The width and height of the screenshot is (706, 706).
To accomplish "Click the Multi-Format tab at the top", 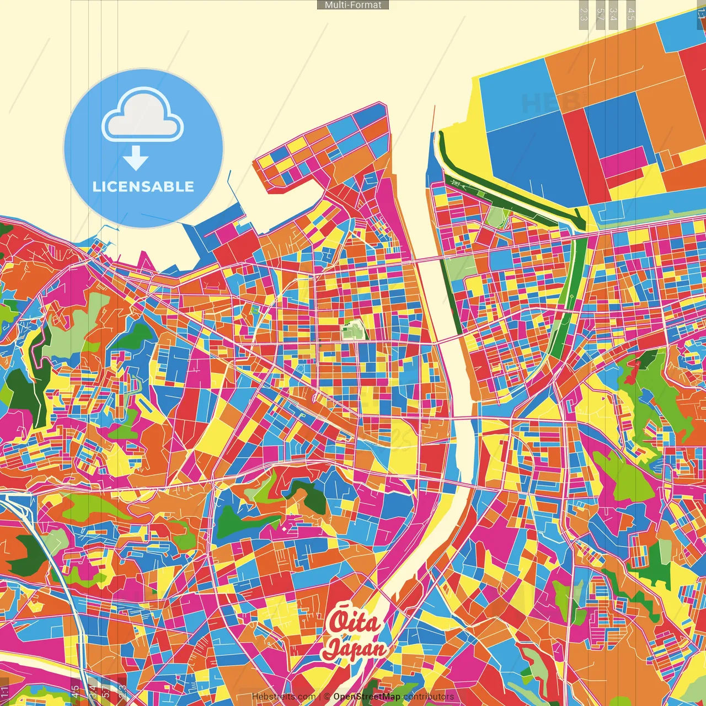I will coord(353,5).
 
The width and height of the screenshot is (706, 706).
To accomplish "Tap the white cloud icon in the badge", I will coord(143,116).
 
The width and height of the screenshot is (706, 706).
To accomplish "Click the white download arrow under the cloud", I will coord(136,158).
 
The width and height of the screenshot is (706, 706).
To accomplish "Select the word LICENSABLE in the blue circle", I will coord(143,186).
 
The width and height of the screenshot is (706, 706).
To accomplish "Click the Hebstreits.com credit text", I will coord(284,697).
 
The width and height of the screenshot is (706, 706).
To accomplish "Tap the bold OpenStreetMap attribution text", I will coord(367,697).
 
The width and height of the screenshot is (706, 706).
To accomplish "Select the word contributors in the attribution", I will coord(429,697).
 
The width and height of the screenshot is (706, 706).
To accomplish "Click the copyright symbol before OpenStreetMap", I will coord(327,697).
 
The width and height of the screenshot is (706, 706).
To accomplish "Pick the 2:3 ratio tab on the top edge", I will coord(584,14).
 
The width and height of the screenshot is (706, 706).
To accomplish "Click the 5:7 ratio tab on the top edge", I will coord(600,14).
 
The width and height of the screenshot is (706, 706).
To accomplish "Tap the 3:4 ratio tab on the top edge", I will coord(613,14).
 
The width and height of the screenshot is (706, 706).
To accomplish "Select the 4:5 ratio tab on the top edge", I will coord(631,14).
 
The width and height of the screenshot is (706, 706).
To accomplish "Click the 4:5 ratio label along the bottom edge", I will coord(75,692).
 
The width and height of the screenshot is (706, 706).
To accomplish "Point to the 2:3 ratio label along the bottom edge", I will coord(122,692).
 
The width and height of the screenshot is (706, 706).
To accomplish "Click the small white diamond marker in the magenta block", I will coord(284,529).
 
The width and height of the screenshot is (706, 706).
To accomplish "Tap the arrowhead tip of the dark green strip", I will coord(582,227).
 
